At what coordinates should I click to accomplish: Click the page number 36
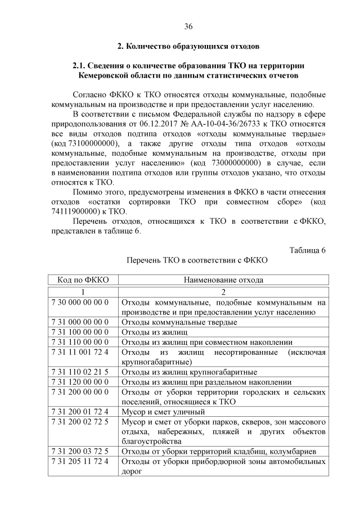188,26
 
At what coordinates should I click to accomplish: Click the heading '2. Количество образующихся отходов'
188,46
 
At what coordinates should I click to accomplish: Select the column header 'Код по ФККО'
83,280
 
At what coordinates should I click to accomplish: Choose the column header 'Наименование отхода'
223,280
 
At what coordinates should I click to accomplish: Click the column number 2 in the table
223,292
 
